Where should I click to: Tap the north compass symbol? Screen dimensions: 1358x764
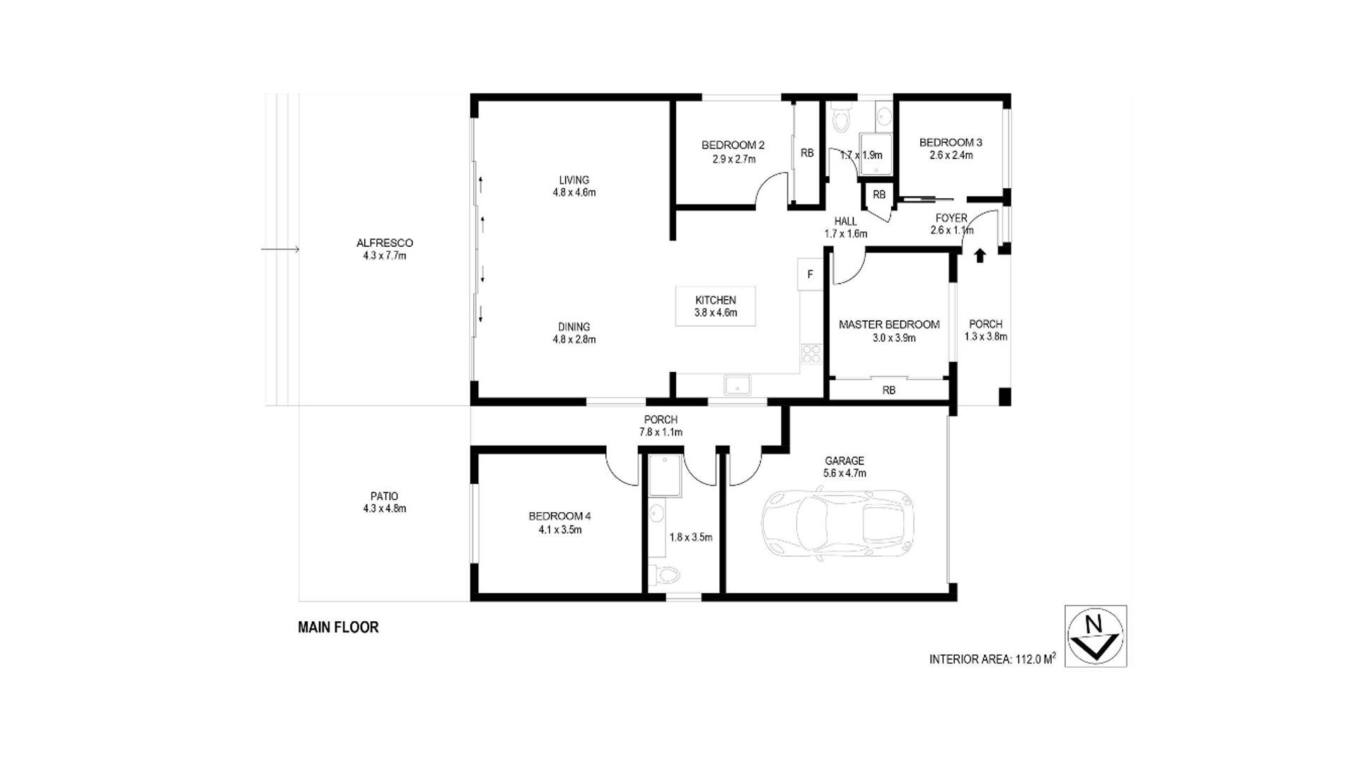(1095, 636)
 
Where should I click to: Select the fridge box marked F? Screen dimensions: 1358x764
(811, 274)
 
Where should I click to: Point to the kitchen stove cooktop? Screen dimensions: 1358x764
(811, 354)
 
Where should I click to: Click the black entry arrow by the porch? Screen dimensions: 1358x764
(980, 255)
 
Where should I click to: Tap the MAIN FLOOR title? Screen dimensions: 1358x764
(338, 627)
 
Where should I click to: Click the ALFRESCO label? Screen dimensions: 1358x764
(385, 243)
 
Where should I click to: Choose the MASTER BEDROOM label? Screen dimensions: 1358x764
(889, 325)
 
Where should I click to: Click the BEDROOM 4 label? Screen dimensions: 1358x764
(559, 516)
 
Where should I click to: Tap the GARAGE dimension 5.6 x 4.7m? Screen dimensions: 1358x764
(845, 473)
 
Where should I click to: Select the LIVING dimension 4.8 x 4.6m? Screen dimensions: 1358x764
(574, 192)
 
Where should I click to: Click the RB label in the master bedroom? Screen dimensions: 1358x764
(889, 390)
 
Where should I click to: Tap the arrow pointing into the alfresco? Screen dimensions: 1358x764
(280, 249)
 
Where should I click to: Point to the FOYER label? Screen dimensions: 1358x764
(951, 218)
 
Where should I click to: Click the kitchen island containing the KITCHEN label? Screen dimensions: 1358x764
(716, 306)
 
